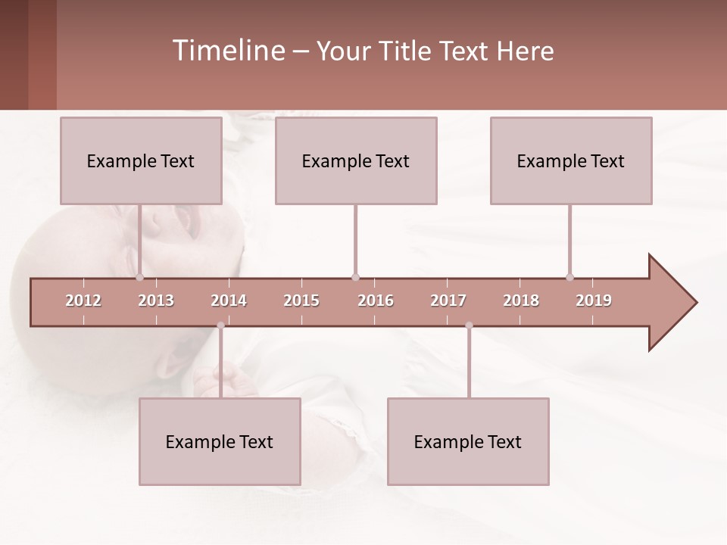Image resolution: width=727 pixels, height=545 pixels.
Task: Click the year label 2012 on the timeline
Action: coord(83,301)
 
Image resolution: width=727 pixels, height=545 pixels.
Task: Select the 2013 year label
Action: coord(156,301)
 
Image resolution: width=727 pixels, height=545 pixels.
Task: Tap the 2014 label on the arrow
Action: coord(229,301)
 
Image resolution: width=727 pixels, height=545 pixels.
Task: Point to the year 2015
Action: coord(301,301)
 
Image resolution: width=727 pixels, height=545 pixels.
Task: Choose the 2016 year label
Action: coord(376,301)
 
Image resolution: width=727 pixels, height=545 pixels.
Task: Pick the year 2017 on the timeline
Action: coord(448,301)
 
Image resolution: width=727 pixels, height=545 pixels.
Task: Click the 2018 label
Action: coord(521,301)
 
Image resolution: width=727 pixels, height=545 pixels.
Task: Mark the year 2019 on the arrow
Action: coord(594,301)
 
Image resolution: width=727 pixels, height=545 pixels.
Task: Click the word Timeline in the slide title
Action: coord(228,51)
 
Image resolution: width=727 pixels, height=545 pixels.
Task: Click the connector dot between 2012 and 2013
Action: coord(139,277)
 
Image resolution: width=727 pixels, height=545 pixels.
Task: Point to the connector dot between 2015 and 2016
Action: coord(355,277)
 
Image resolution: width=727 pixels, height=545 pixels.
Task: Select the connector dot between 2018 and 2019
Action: coord(569,277)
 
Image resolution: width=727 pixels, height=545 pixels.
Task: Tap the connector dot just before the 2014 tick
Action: coord(220,325)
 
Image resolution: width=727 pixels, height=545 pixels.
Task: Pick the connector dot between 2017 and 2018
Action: coord(469,325)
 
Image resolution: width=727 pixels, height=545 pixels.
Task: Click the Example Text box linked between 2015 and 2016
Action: coord(356,160)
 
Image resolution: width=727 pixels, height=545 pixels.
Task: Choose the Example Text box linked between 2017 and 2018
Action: coord(468,441)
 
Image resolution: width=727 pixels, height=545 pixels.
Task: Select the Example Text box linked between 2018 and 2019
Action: coord(571,160)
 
